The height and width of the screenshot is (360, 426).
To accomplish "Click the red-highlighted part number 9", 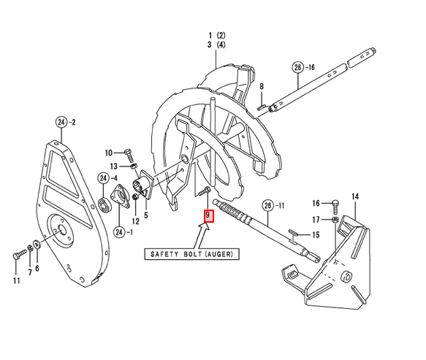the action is pyautogui.click(x=209, y=215).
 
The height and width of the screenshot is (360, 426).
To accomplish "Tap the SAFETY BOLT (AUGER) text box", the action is pyautogui.click(x=191, y=254).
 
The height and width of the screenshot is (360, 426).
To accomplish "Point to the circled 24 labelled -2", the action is pyautogui.click(x=61, y=122).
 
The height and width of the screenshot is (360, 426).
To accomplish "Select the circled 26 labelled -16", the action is pyautogui.click(x=298, y=67).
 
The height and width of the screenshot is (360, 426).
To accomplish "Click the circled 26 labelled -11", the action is pyautogui.click(x=268, y=205).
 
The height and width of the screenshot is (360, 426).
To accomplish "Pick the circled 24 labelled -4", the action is pyautogui.click(x=103, y=178).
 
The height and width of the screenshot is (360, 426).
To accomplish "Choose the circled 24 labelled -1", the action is pyautogui.click(x=119, y=232).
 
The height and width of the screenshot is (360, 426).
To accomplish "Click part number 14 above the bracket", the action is pyautogui.click(x=355, y=196).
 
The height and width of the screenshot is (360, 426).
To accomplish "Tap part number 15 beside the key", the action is pyautogui.click(x=316, y=235).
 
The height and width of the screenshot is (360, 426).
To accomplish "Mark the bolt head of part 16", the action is pyautogui.click(x=336, y=203).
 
